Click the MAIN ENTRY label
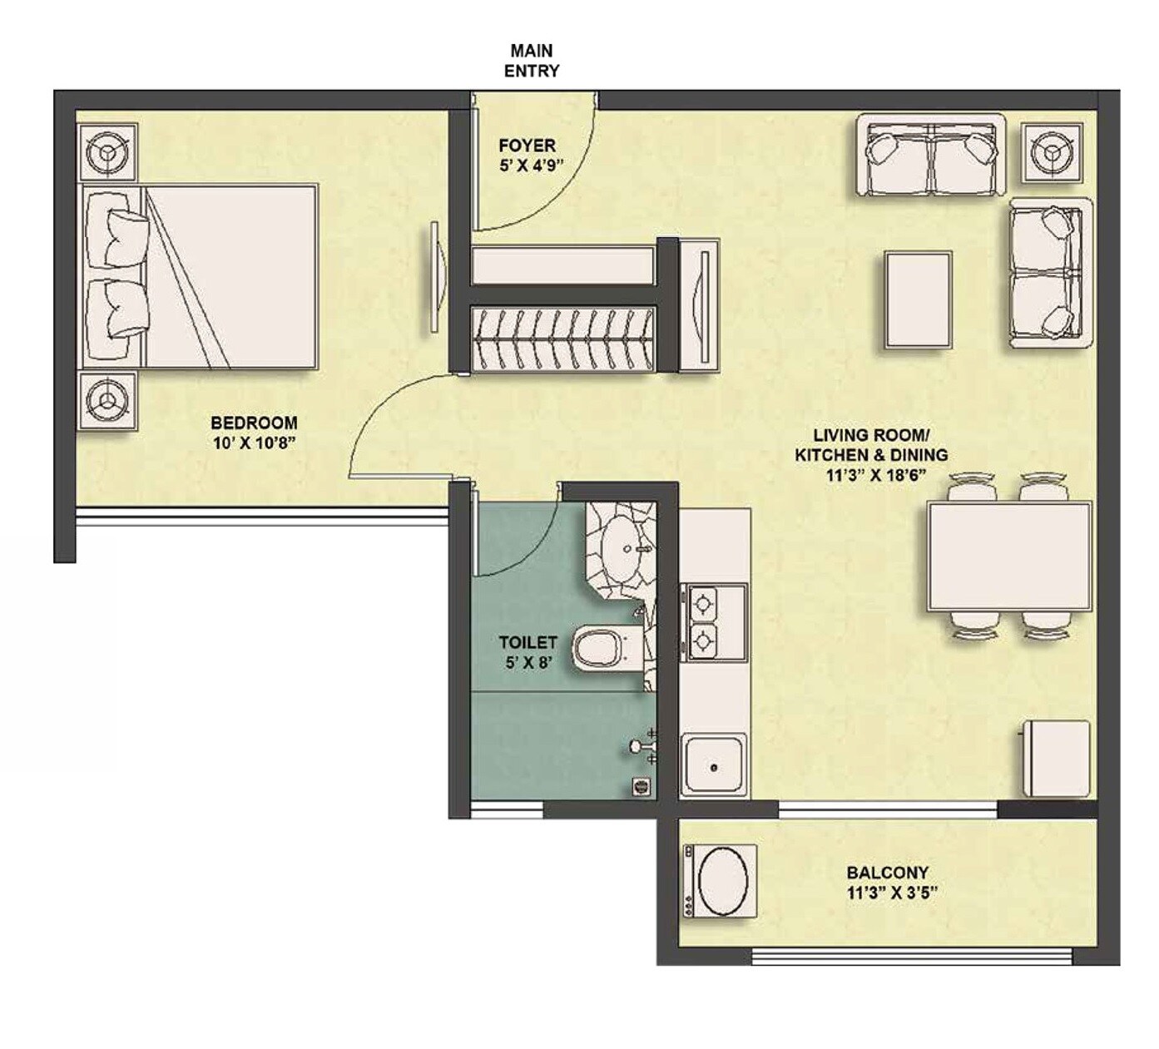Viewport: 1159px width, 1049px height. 531,61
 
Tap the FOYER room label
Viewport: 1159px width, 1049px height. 527,146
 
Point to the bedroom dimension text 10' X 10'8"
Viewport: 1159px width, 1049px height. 254,443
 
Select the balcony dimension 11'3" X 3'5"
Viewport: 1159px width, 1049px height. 888,893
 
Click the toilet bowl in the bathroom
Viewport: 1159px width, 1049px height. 604,646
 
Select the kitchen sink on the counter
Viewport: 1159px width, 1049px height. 715,764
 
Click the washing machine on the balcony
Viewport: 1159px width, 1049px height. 720,881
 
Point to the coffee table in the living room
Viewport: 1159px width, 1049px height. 918,299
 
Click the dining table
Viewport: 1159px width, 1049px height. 1009,557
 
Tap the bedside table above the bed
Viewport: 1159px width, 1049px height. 106,151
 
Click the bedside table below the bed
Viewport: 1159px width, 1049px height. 106,401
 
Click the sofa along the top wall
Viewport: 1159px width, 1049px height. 930,156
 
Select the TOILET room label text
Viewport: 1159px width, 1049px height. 527,642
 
